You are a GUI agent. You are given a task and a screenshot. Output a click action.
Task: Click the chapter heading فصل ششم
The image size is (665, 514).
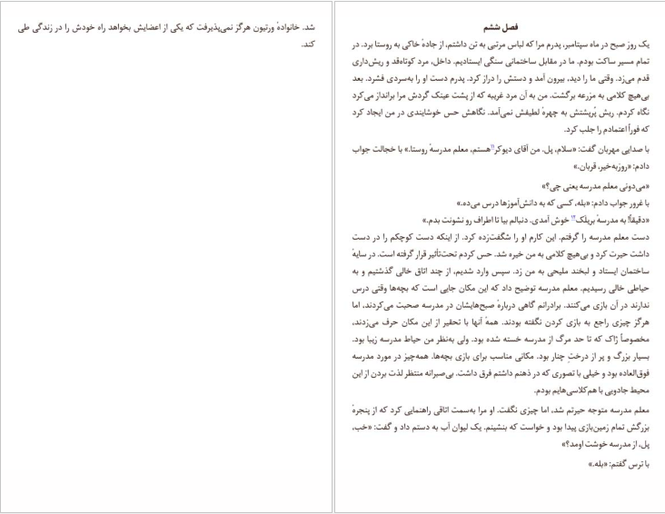[500, 27]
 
